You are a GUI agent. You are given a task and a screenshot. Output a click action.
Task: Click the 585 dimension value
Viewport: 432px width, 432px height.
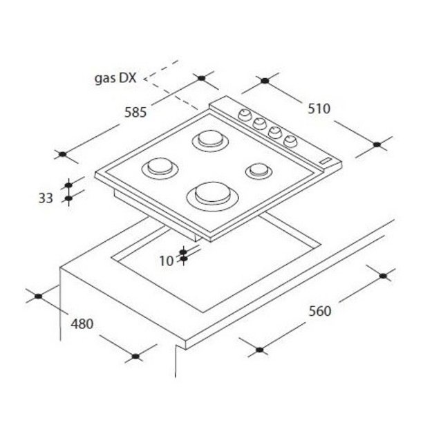tap(135, 113)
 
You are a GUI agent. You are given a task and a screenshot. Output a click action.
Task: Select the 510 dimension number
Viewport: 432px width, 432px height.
tap(319, 109)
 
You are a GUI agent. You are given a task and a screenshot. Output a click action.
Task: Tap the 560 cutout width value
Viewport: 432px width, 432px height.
tap(319, 311)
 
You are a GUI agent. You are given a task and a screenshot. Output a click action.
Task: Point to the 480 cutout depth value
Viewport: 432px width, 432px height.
tap(82, 324)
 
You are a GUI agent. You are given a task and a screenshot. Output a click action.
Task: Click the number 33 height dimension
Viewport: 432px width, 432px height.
tap(46, 198)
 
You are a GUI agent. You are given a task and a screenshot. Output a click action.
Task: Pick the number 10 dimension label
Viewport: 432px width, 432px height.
tap(167, 261)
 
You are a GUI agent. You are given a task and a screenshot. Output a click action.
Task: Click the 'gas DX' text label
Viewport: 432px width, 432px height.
tap(115, 78)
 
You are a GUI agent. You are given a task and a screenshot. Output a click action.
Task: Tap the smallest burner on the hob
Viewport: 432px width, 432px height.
tap(259, 171)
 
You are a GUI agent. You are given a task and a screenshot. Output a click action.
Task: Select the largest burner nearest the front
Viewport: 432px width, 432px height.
tap(212, 196)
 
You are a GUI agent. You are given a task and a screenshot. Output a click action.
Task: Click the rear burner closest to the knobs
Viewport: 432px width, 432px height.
tap(210, 140)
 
